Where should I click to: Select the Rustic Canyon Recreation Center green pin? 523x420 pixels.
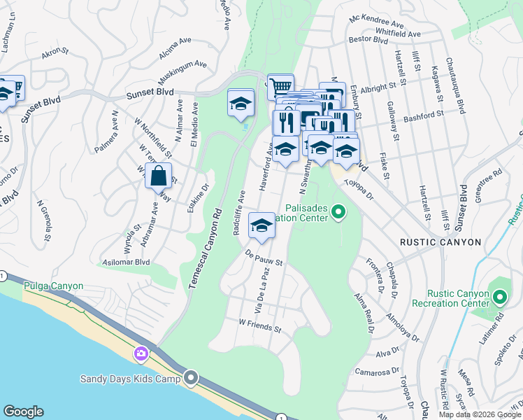[499, 297]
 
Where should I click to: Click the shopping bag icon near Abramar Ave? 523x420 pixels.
[159, 175]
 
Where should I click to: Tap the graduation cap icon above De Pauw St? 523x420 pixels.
[262, 225]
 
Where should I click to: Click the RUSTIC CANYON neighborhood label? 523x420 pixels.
[440, 242]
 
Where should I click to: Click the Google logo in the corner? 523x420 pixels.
[23, 412]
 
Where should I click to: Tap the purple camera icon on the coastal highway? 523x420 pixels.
[142, 354]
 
